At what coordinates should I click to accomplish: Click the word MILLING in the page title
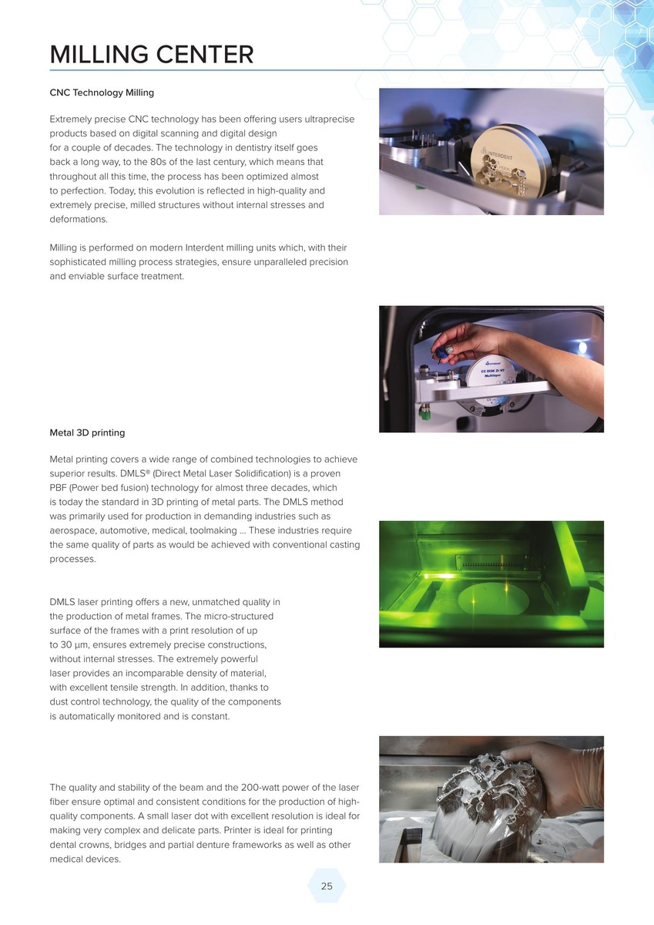point(99,55)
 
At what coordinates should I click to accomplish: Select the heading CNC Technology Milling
point(102,92)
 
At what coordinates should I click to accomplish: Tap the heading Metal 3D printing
point(87,432)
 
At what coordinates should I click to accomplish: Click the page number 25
point(327,886)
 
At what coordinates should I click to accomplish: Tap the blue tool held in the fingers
point(438,353)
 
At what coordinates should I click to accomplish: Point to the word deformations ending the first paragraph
point(79,219)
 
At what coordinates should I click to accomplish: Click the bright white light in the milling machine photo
point(582,348)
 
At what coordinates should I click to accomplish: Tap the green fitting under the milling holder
point(423,412)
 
